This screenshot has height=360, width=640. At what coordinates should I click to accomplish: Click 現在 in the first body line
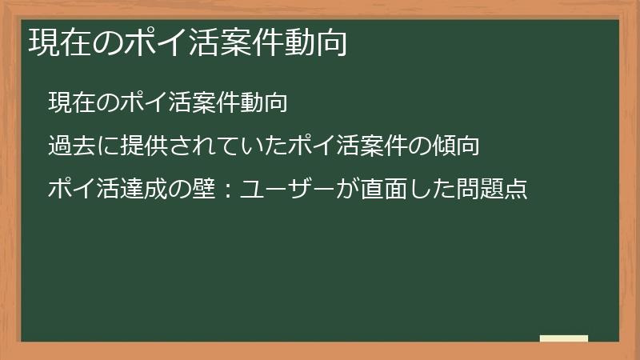tap(67, 102)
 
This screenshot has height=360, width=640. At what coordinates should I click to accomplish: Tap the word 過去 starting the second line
tap(67, 146)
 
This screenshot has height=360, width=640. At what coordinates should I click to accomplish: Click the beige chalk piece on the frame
tap(564, 338)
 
